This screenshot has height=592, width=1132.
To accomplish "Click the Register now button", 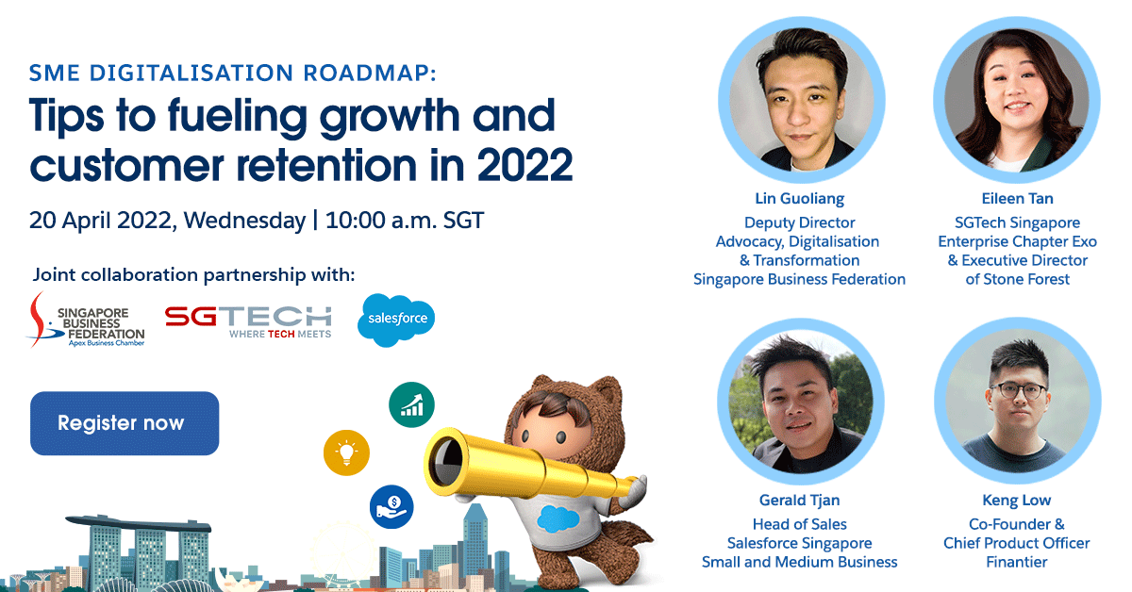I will click(x=125, y=423).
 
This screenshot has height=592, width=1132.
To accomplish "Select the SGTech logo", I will click(x=248, y=321).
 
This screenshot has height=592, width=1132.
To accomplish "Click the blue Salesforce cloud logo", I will click(x=396, y=319).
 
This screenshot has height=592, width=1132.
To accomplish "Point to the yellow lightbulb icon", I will click(x=346, y=453).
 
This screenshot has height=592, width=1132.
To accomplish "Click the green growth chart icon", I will click(x=411, y=404).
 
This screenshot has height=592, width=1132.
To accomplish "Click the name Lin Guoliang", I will click(x=799, y=199).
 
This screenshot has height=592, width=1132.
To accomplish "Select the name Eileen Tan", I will click(x=1016, y=199).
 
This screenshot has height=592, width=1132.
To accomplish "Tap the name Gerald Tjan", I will click(x=799, y=500).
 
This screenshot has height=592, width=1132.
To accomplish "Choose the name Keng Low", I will click(x=1016, y=500).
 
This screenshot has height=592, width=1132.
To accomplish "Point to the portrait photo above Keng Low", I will click(x=1016, y=402).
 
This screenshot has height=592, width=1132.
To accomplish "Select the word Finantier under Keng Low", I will click(x=1016, y=562).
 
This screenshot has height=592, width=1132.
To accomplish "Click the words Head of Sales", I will click(x=799, y=524).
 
